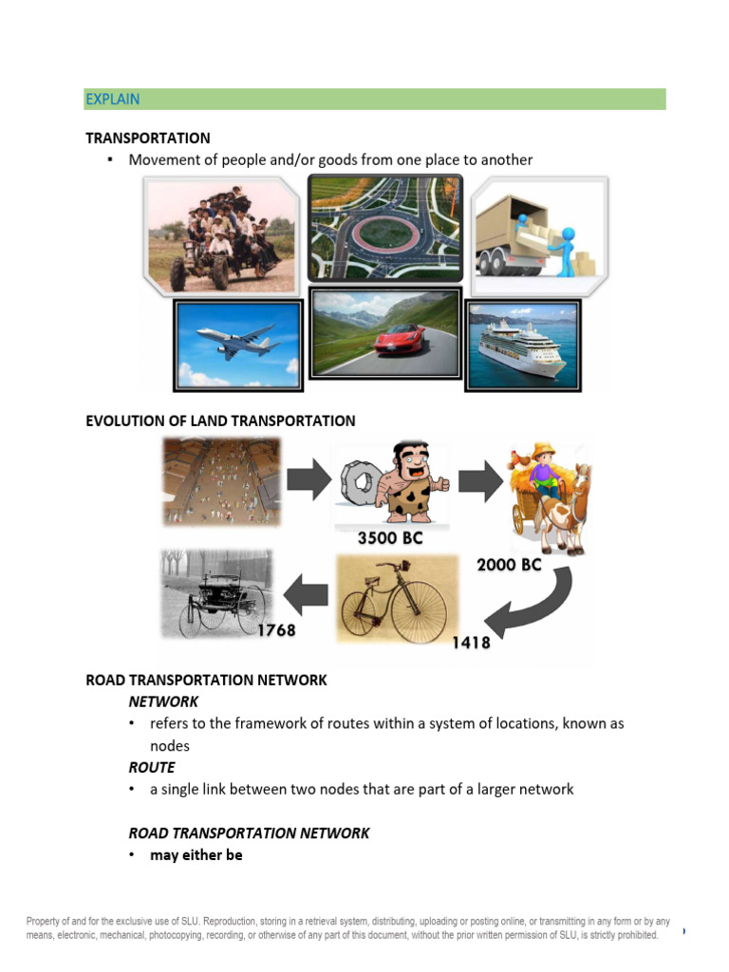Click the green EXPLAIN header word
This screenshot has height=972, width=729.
[x=112, y=99]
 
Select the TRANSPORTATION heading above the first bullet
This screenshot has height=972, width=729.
[x=148, y=138]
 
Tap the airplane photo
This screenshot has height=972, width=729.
[x=237, y=344]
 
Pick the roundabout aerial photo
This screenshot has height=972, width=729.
[x=385, y=229]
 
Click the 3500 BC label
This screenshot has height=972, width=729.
[x=389, y=539]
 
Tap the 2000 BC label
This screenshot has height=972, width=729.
[x=508, y=564]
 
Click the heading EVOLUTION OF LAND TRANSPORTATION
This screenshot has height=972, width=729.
[x=220, y=421]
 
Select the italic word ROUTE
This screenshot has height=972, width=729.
[x=152, y=767]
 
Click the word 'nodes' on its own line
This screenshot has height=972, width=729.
[x=170, y=746]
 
